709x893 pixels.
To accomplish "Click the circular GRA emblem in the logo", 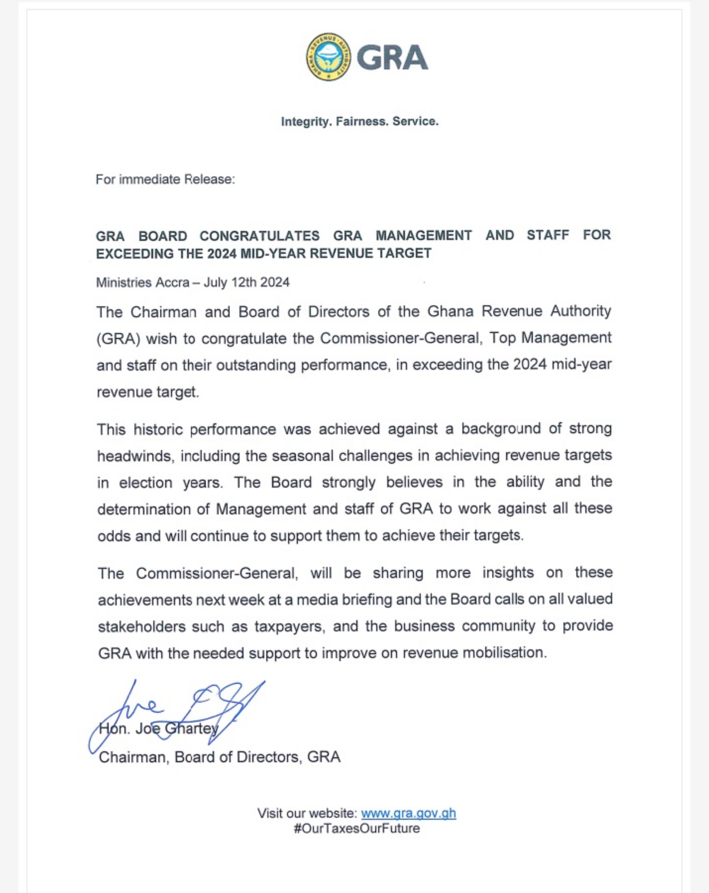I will pyautogui.click(x=328, y=57).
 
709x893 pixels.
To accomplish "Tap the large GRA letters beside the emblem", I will pyautogui.click(x=392, y=58).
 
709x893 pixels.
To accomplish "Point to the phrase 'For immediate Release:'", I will pyautogui.click(x=165, y=179).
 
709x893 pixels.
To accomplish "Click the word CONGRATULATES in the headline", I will pyautogui.click(x=260, y=236).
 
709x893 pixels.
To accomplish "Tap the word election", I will pyautogui.click(x=145, y=483).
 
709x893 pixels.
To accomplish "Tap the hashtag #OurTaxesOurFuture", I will pyautogui.click(x=357, y=828).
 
